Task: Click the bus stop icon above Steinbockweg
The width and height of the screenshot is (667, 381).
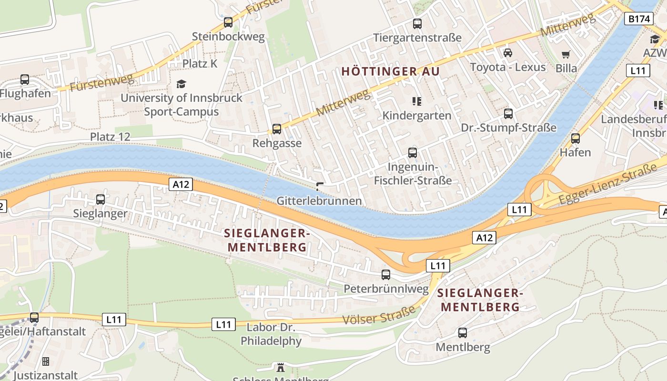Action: (x=228, y=22)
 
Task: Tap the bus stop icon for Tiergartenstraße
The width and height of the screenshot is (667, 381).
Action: (x=417, y=23)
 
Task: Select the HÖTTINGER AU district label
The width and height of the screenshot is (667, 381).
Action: (x=390, y=71)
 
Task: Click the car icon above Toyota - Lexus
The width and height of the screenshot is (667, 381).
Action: (x=508, y=52)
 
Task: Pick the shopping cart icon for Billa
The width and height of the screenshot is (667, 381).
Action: (x=566, y=54)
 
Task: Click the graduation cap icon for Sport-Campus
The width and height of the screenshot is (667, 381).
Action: (x=181, y=84)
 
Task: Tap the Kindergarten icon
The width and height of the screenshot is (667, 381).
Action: (x=417, y=101)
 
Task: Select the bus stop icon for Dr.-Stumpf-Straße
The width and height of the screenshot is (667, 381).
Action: (x=508, y=113)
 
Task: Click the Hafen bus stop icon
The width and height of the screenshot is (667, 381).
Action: (x=576, y=139)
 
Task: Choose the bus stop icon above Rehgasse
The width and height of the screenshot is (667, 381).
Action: (x=276, y=129)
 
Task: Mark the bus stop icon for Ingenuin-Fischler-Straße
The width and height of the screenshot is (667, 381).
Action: (x=413, y=152)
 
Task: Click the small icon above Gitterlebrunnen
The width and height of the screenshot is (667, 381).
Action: (x=320, y=186)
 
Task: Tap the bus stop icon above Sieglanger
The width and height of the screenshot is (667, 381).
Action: (x=100, y=199)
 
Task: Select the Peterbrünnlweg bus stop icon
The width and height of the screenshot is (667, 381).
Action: (x=386, y=274)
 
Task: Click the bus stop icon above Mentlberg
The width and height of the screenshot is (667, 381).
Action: (x=463, y=332)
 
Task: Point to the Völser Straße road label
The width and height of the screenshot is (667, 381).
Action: (x=379, y=316)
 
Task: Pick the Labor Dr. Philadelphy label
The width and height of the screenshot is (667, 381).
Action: (x=271, y=334)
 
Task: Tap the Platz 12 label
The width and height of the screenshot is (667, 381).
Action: (x=110, y=137)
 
